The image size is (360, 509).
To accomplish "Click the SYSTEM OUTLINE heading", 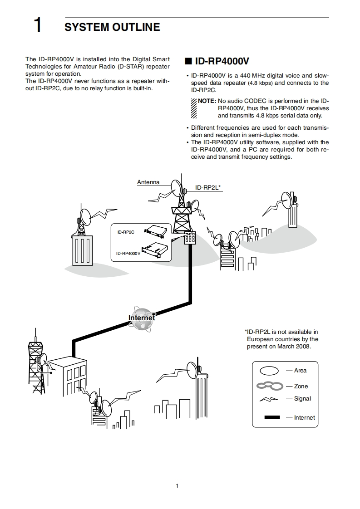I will coord(112,27).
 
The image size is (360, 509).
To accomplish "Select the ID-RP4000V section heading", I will coord(222,61).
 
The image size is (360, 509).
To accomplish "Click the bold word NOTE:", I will coord(207,101).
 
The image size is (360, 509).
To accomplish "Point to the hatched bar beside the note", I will coord(193,108).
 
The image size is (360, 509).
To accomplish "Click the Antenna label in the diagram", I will coord(148,182).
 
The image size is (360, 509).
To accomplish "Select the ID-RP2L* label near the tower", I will coord(208,187).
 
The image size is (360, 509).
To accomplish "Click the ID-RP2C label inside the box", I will coord(126,232).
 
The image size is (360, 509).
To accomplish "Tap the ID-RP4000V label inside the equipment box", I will coord(128,254).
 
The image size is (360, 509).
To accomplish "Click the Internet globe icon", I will coord(142,317).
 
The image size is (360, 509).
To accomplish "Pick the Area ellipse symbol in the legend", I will coord(269,371).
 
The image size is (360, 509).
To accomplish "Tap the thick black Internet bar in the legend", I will coord(271,417).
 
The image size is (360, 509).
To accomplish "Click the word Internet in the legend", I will coord(304,418).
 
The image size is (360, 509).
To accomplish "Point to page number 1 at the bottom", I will coord(177,486).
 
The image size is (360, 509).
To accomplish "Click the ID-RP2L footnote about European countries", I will coord(281,339).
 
